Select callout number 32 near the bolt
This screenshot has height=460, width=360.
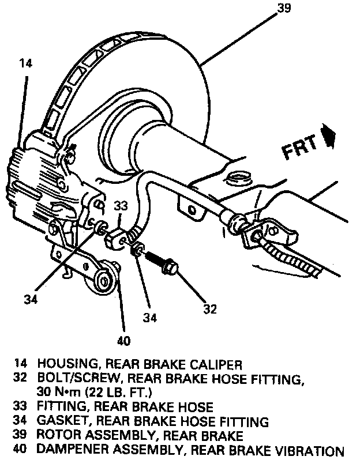coord(210,310)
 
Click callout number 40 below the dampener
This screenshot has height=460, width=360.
coord(123,340)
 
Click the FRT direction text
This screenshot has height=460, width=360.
coord(301,148)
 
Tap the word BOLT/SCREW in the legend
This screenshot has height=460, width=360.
coord(73,379)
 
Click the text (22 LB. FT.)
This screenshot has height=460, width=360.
coord(119,393)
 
